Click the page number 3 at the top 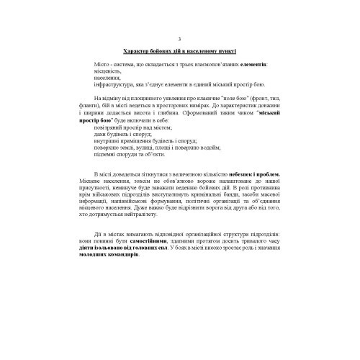click(x=179, y=39)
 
